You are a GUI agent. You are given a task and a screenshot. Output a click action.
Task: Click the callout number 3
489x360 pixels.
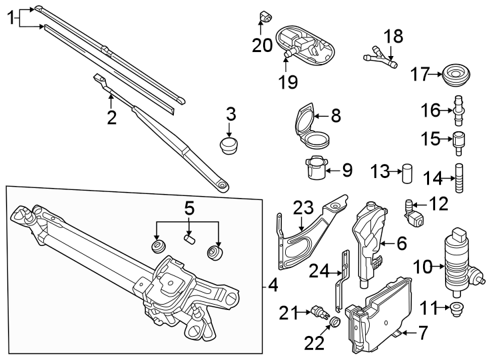[231, 113]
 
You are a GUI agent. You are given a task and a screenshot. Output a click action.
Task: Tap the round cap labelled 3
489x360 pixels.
[230, 145]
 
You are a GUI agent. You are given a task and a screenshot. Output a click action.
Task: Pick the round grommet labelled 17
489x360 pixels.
[456, 75]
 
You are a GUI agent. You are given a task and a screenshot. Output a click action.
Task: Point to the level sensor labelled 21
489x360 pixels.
[318, 311]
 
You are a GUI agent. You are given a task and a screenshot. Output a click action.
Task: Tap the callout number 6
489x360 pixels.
[401, 244]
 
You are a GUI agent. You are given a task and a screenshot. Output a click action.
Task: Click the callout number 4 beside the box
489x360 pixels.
[273, 287]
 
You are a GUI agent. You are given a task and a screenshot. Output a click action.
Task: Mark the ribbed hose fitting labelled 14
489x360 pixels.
[458, 179]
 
